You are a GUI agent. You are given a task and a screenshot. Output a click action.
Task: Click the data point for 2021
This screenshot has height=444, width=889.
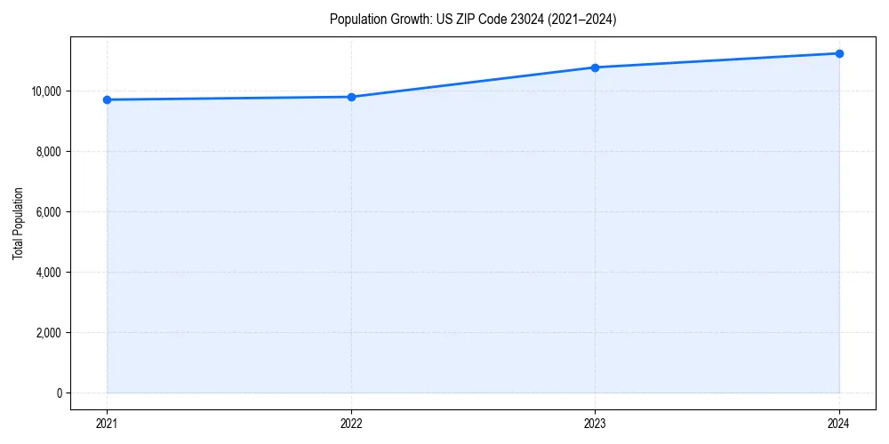click(x=107, y=99)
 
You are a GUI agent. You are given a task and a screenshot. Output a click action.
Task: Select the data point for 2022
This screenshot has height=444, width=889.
click(x=351, y=97)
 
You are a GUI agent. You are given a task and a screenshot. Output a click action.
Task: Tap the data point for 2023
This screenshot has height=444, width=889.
click(x=595, y=67)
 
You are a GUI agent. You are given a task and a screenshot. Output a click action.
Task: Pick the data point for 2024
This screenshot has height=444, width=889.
click(x=839, y=53)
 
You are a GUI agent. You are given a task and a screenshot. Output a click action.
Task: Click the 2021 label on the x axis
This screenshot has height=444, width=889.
click(x=107, y=423)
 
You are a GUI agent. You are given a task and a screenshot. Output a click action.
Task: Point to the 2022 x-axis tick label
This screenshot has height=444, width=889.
click(x=351, y=423)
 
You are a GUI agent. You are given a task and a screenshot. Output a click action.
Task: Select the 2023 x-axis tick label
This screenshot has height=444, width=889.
click(x=595, y=423)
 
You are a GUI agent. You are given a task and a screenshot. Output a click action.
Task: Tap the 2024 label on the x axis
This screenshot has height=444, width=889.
click(x=839, y=423)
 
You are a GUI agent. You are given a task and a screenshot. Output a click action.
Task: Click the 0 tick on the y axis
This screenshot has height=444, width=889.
click(x=58, y=393)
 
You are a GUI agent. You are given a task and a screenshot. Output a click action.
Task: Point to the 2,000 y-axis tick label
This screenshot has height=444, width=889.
click(x=48, y=333)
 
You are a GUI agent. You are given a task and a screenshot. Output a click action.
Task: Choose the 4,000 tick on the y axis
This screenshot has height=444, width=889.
click(x=48, y=273)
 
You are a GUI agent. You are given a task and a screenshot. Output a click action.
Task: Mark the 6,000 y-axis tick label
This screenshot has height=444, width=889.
click(x=48, y=212)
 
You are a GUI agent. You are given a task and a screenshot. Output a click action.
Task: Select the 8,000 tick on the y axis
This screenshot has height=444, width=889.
click(x=48, y=152)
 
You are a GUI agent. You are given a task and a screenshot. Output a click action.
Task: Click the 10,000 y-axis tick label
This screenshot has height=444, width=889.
click(x=45, y=91)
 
